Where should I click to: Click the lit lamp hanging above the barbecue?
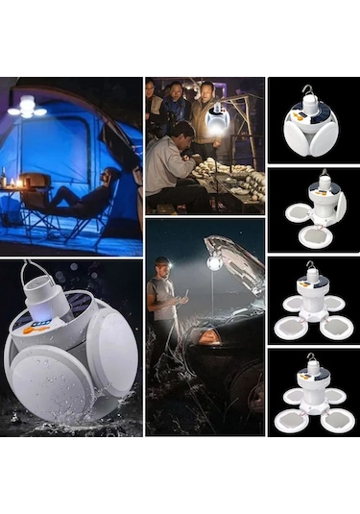[x=216, y=122]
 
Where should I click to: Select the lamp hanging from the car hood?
[x=216, y=261]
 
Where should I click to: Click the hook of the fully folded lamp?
[x=309, y=91]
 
